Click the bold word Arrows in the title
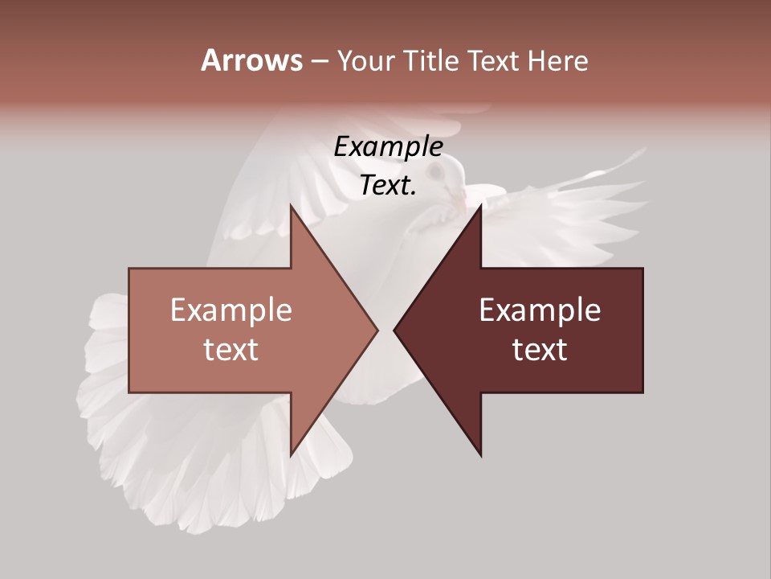coord(251,60)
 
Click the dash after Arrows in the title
coord(319,61)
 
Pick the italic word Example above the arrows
coord(388,146)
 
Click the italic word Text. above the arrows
coord(388,185)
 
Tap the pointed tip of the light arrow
coord(377,330)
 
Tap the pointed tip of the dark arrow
coord(394,330)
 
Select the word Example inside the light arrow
coord(231,310)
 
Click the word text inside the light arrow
coord(231,349)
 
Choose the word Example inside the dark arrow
coord(540,310)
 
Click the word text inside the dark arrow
coord(540,349)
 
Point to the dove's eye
coord(436,172)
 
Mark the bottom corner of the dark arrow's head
coord(481,456)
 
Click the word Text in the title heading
coord(499,60)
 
